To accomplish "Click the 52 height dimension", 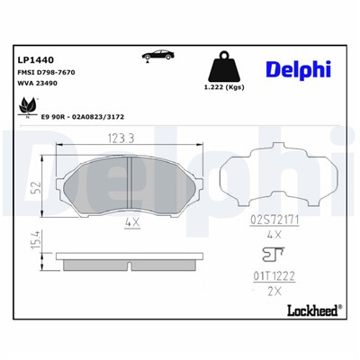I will [36, 188].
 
